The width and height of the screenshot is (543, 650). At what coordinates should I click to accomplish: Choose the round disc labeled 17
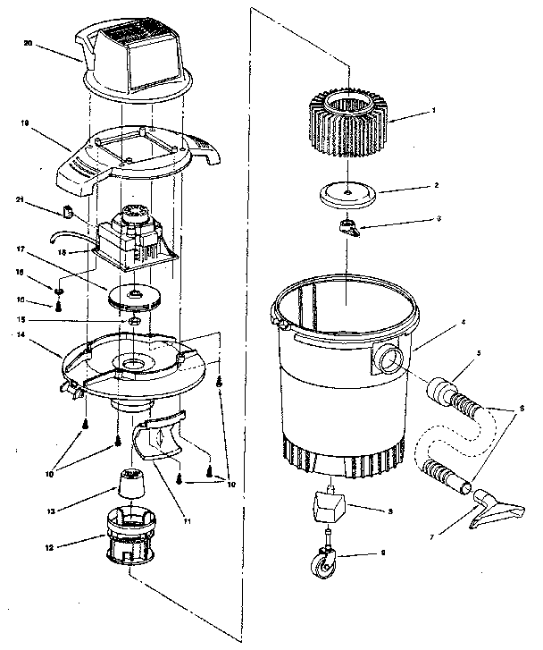click(x=131, y=296)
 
